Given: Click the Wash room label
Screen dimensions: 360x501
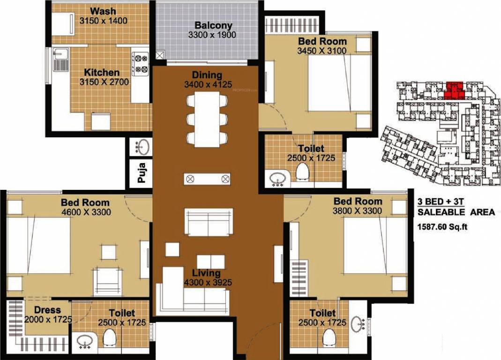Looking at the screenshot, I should [x=103, y=11].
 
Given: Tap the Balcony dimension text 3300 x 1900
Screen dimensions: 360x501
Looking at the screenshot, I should [x=212, y=35].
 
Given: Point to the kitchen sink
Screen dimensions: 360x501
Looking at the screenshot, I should [x=60, y=61].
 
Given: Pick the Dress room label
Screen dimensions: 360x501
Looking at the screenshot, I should [x=47, y=310].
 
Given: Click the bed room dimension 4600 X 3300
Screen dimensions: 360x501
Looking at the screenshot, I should [x=85, y=212].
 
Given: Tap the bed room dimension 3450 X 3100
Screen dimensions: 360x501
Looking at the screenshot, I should [x=322, y=51].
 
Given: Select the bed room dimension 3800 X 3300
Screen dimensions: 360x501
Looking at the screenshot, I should [x=358, y=210].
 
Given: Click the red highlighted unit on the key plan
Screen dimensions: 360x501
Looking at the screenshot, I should [x=454, y=90].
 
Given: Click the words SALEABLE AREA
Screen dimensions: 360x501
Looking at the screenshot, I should [x=456, y=212].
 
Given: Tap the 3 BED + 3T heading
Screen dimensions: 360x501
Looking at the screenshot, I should [x=438, y=202].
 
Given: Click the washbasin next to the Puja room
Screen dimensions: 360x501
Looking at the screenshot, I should [x=142, y=147].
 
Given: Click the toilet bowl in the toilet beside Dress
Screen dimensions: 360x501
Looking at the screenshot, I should [x=110, y=338].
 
